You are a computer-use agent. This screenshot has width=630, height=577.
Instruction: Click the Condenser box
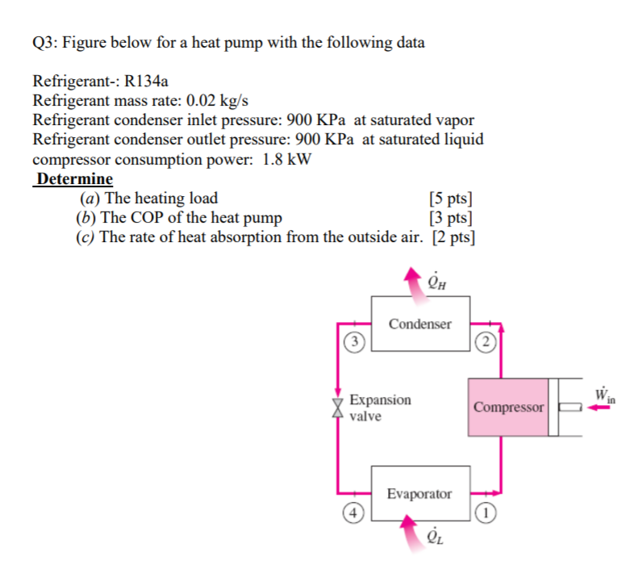coord(420,324)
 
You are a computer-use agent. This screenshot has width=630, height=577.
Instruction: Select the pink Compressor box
coord(508,407)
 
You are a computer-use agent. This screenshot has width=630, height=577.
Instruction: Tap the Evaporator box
coord(420,494)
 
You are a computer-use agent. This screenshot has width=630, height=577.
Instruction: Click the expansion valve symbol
coord(339,408)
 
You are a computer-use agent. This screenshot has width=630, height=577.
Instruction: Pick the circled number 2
coord(483,341)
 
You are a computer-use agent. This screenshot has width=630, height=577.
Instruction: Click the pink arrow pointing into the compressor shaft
coord(598,408)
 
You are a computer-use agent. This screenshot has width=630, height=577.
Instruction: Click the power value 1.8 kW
coord(286,159)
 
